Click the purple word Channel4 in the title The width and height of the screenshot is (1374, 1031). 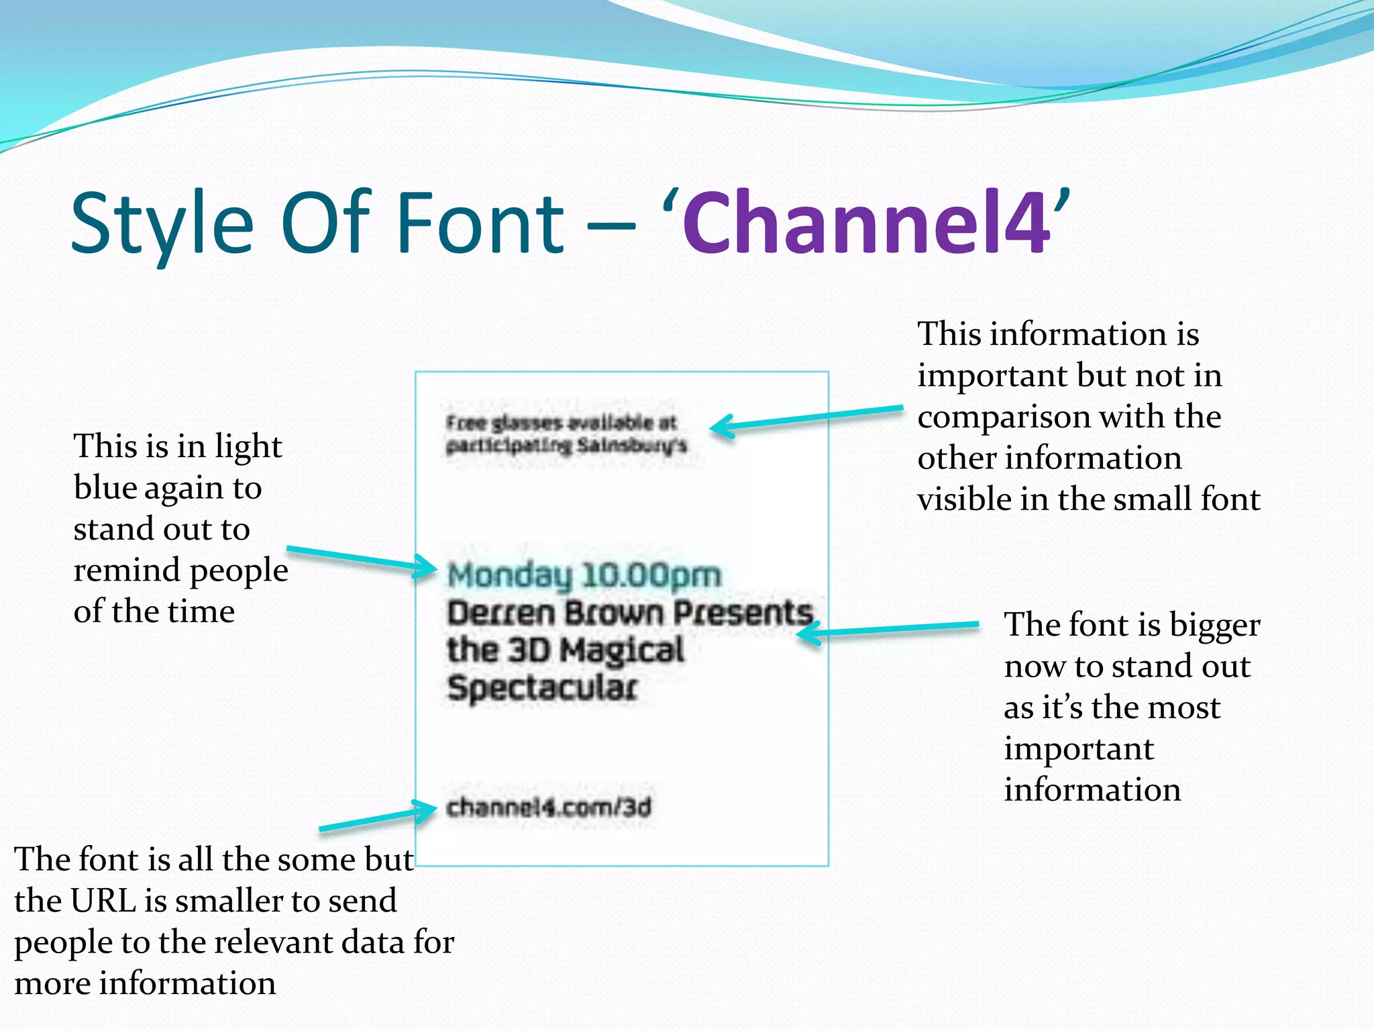point(865,223)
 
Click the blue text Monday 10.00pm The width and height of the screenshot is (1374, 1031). point(584,576)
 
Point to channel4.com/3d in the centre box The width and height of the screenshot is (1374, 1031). point(549,807)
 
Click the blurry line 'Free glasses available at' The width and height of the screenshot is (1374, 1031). point(561,423)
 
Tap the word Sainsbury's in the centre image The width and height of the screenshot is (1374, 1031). point(632,445)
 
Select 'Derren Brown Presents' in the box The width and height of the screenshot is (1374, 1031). point(629,613)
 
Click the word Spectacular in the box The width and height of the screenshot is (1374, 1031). point(542,688)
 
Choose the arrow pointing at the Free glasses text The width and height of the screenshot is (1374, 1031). point(805,418)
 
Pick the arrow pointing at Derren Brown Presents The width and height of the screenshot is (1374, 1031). point(886,629)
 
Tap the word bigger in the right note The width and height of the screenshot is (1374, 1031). point(1214,626)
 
